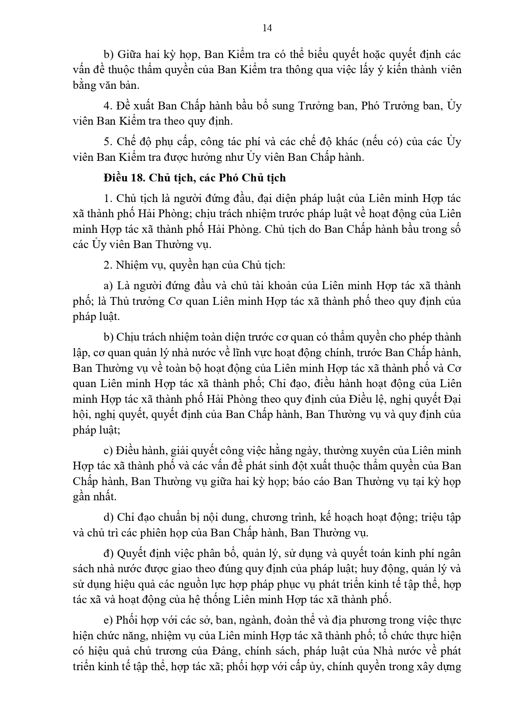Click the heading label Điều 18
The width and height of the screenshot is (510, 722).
coord(122,178)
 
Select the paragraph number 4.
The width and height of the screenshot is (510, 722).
coord(108,106)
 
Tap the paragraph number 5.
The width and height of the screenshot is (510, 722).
coord(108,142)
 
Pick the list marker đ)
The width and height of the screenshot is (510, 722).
coord(109,553)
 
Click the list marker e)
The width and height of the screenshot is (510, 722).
coord(108,620)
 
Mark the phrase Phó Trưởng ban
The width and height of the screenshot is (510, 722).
coord(402,106)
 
